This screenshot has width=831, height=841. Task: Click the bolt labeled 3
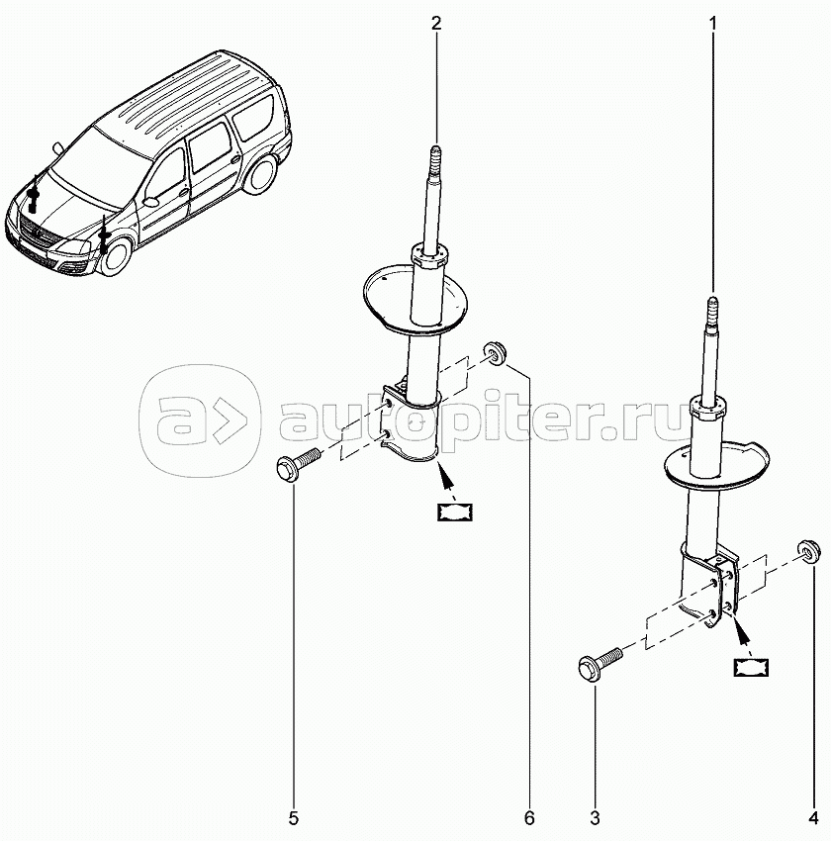[597, 661]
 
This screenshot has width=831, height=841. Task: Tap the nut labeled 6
[495, 353]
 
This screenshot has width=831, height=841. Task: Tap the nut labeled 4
[808, 549]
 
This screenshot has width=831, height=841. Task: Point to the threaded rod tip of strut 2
[436, 158]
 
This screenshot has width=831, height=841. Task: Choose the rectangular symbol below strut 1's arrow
[750, 666]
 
